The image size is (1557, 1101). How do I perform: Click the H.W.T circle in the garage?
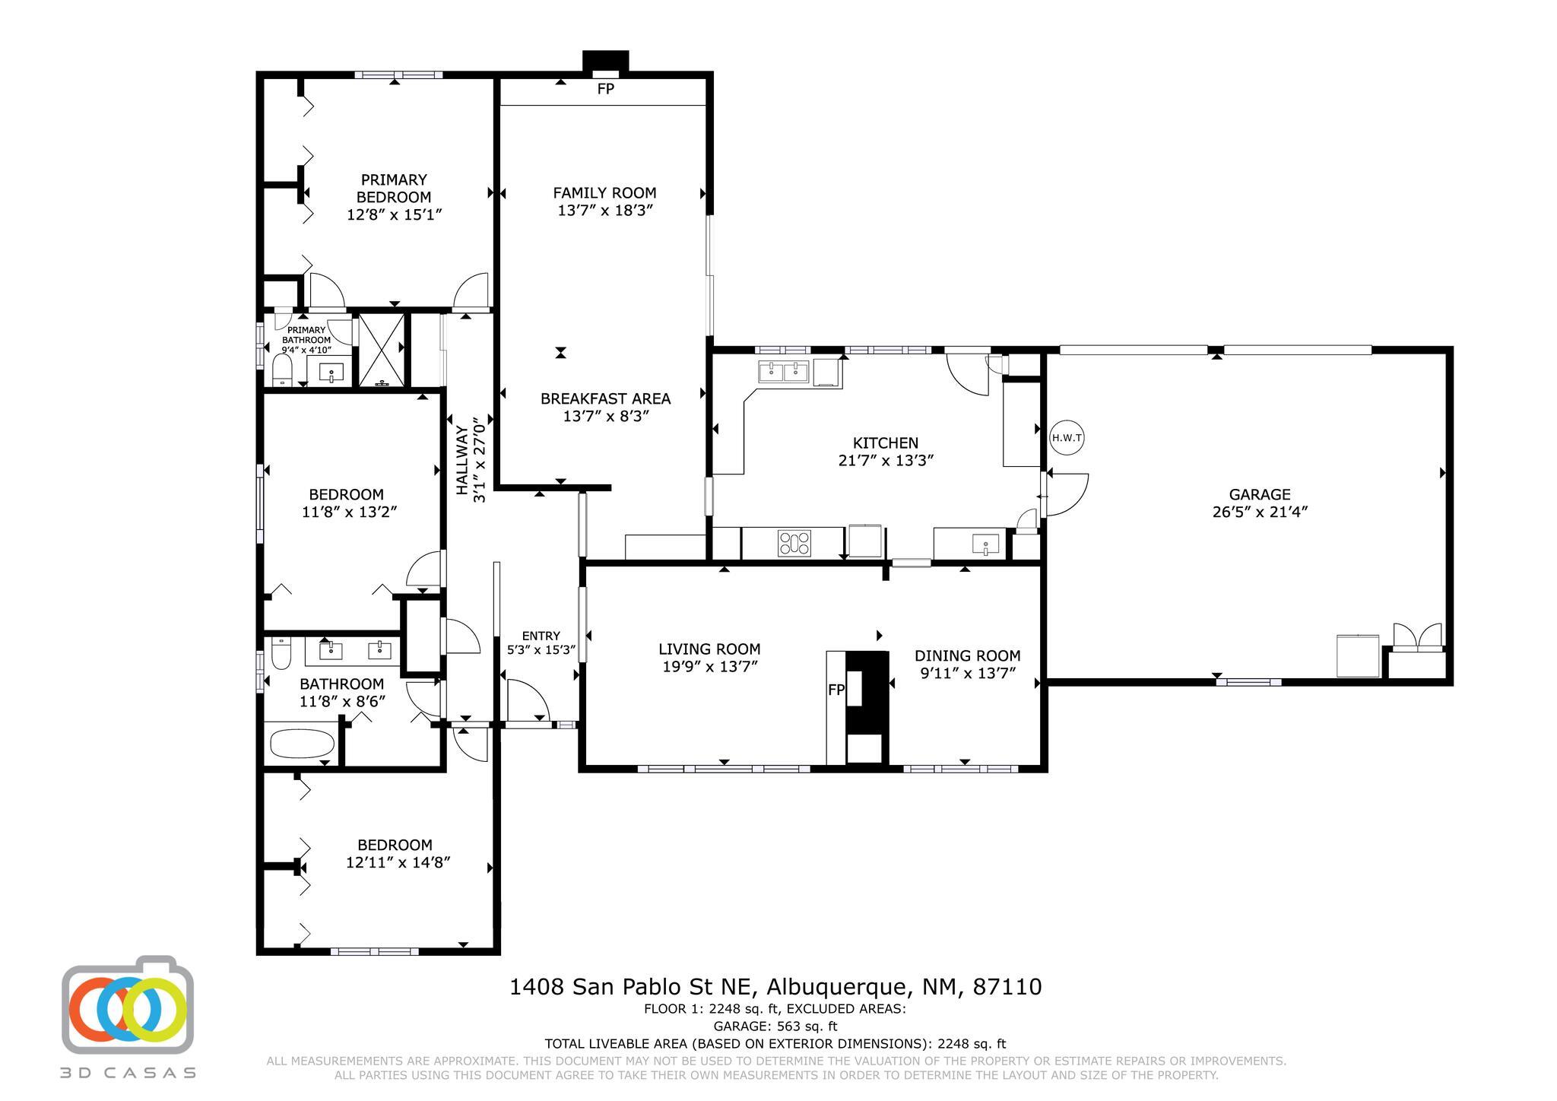[x=1067, y=438]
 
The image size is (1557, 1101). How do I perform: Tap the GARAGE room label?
[x=1260, y=494]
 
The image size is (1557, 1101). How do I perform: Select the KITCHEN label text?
[x=886, y=443]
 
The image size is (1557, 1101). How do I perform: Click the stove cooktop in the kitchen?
[x=794, y=543]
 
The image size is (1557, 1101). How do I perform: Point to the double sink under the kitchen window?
[x=784, y=372]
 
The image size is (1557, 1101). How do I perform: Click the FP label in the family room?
[x=605, y=89]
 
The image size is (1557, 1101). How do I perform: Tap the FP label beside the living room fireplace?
[x=836, y=690]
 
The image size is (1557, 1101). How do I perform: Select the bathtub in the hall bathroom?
[x=303, y=744]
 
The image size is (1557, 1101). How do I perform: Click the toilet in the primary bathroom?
[x=282, y=372]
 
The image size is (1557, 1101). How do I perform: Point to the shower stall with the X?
[x=380, y=349]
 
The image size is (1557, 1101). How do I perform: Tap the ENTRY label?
[x=541, y=636]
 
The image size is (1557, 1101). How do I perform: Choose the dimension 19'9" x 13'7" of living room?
[x=709, y=667]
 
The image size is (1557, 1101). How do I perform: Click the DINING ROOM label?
[x=967, y=655]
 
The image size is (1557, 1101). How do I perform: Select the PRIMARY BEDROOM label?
[x=394, y=188]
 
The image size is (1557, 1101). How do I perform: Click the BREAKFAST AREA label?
[x=605, y=398]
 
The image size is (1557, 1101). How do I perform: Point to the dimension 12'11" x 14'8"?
[x=395, y=863]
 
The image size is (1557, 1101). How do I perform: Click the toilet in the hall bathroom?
[x=281, y=653]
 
